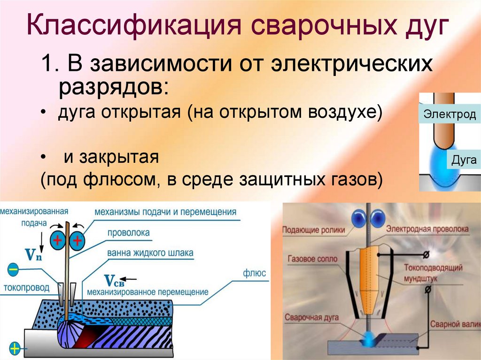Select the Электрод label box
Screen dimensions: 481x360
450,114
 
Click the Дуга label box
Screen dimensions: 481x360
464,160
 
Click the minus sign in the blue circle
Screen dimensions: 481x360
13,269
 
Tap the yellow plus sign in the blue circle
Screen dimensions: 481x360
15,348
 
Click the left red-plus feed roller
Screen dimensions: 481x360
58,241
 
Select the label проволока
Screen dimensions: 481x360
128,233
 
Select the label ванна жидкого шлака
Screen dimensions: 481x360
150,253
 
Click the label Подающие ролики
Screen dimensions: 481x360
313,230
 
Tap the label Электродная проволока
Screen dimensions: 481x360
427,229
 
